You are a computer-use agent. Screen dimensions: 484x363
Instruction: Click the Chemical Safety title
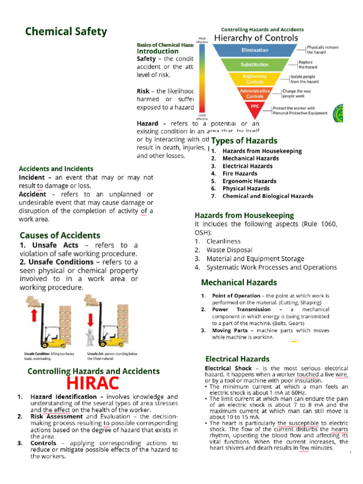pyautogui.click(x=66, y=32)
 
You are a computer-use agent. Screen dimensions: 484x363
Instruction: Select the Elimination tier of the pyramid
pyautogui.click(x=255, y=50)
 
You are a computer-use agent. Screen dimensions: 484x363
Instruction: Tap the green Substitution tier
pyautogui.click(x=255, y=64)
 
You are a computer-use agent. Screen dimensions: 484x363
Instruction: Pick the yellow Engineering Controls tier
pyautogui.click(x=255, y=78)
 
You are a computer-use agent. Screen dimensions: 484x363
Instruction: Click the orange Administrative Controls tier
pyautogui.click(x=255, y=93)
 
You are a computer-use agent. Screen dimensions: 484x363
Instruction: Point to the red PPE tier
pyautogui.click(x=255, y=107)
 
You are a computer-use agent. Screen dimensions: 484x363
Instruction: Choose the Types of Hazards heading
pyautogui.click(x=244, y=140)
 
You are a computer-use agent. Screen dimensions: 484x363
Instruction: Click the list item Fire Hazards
pyautogui.click(x=240, y=173)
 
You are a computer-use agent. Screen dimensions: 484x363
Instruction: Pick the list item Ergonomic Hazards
pyautogui.click(x=249, y=181)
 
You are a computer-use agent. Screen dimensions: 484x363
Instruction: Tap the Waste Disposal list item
pyautogui.click(x=229, y=250)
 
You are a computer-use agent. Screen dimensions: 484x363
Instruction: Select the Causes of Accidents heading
pyautogui.click(x=60, y=235)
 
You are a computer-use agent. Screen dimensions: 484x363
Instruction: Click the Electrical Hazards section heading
pyautogui.click(x=237, y=359)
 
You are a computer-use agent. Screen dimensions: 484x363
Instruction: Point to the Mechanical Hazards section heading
pyautogui.click(x=239, y=283)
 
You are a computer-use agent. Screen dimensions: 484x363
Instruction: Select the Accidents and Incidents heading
pyautogui.click(x=56, y=169)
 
